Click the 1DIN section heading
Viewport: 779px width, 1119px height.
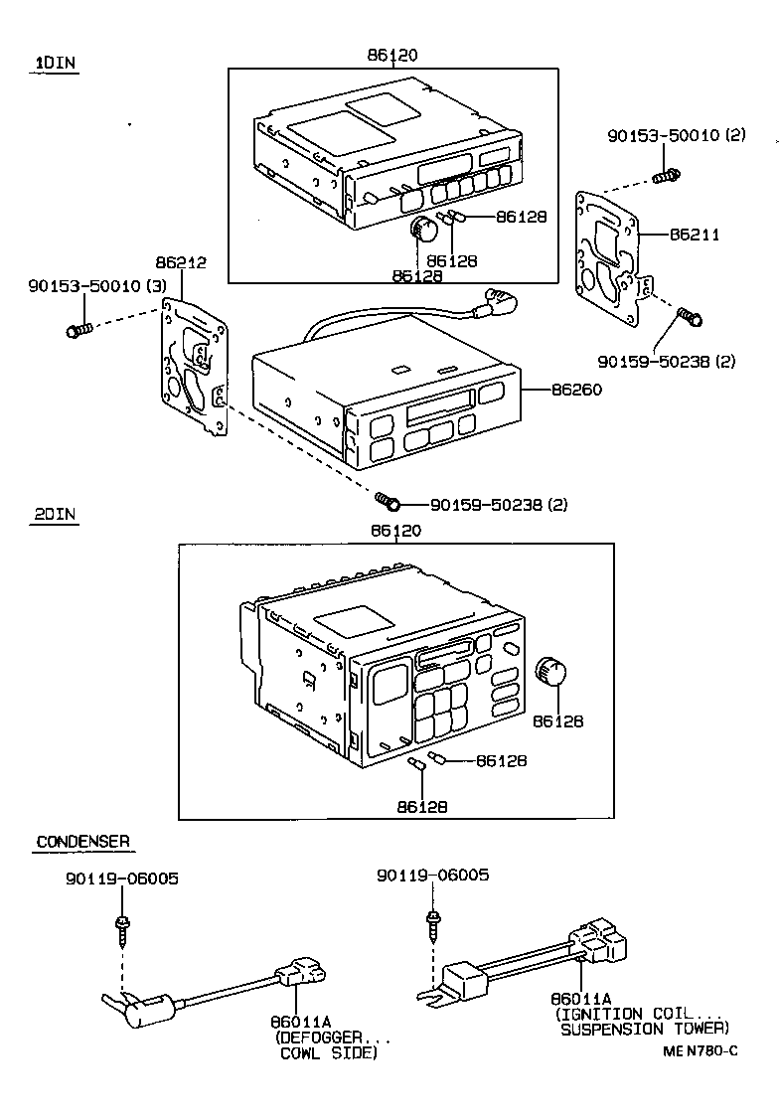click(x=56, y=63)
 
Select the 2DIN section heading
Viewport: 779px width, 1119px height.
click(x=56, y=515)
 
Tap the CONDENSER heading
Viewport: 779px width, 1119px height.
click(x=82, y=842)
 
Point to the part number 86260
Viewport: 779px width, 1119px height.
click(x=578, y=391)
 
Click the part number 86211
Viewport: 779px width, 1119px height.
click(x=695, y=235)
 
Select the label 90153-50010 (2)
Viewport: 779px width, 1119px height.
click(x=677, y=134)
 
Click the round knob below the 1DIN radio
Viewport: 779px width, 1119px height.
click(x=425, y=231)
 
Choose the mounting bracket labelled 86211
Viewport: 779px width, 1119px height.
click(x=611, y=259)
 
